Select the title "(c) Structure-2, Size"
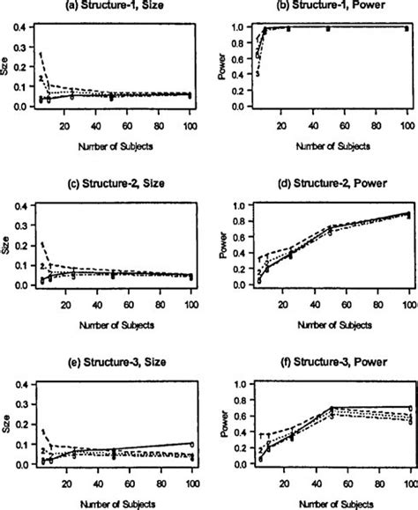106,187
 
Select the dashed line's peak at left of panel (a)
41,52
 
